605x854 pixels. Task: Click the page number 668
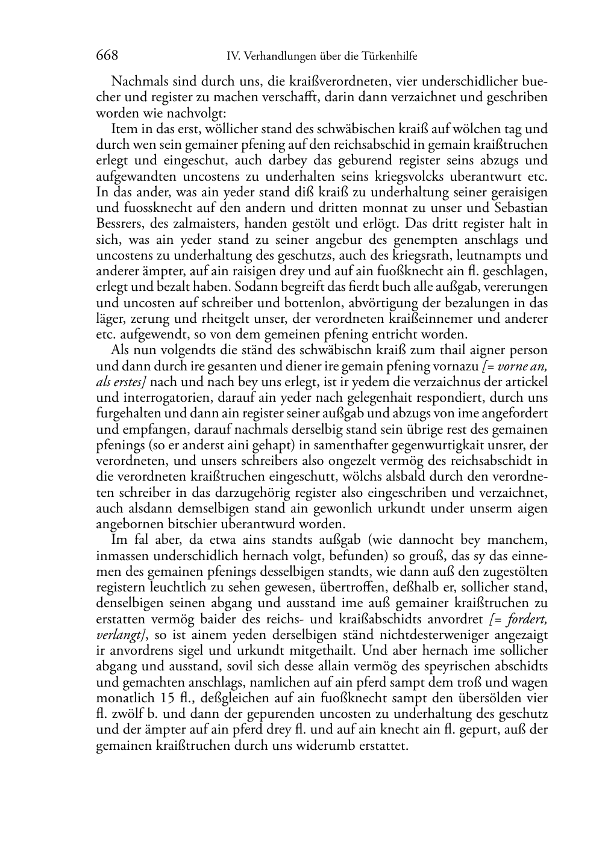click(107, 55)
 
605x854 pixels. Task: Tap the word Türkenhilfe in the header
click(389, 57)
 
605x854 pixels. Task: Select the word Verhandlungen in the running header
click(271, 57)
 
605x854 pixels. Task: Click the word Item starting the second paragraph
click(124, 129)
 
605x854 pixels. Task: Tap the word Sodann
click(254, 287)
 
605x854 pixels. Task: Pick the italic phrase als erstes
click(121, 382)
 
